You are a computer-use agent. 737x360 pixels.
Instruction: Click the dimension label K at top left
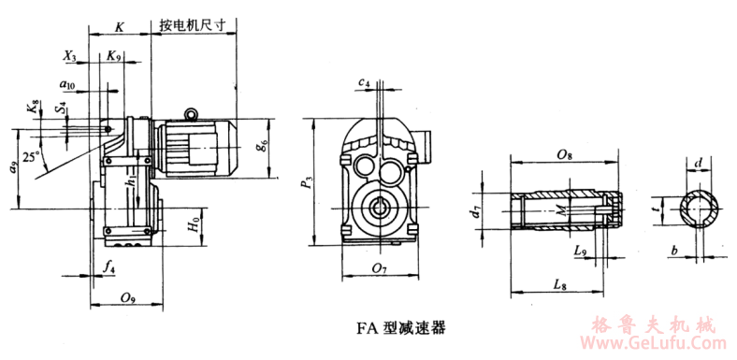click(119, 28)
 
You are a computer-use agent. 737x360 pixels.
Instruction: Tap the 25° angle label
click(33, 158)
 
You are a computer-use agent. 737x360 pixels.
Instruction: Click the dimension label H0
click(191, 225)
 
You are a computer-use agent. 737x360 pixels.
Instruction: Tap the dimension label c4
click(364, 84)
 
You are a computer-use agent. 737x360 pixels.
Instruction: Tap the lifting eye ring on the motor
click(192, 114)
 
